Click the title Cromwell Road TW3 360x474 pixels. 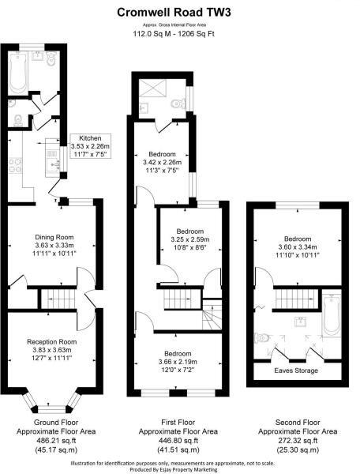pos(180,12)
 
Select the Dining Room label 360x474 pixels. pos(53,236)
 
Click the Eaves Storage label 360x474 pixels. pos(296,370)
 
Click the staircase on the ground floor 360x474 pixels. pos(58,298)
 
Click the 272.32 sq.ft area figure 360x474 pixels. pos(296,441)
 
